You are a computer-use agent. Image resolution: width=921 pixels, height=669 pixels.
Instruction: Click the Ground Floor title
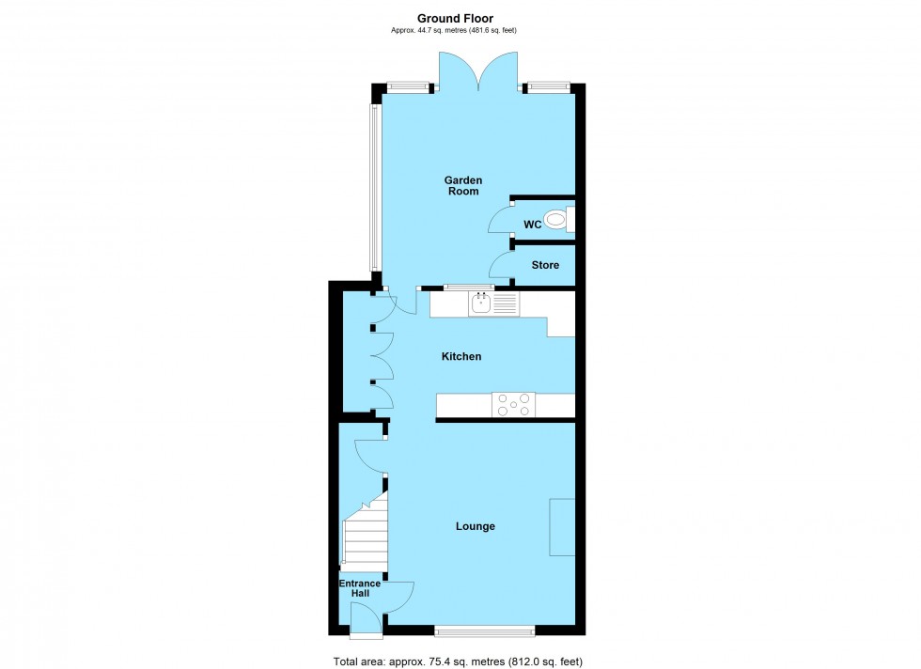tap(456, 18)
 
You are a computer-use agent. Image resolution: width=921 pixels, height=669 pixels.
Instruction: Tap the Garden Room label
tap(462, 185)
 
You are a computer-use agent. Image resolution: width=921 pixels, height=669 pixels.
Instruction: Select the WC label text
tap(531, 224)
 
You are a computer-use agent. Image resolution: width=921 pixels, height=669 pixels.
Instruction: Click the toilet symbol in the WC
tap(558, 220)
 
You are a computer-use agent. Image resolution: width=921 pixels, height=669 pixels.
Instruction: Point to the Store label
tap(545, 265)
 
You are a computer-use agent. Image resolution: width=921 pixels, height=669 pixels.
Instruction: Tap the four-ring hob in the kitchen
tap(513, 404)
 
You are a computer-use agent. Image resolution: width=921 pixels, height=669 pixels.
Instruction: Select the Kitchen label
tap(461, 357)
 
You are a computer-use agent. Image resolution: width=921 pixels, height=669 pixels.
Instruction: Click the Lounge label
tap(476, 526)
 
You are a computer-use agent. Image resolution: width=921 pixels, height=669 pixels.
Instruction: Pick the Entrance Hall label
tap(360, 589)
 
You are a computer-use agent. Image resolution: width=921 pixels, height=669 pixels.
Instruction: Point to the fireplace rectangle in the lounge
tap(562, 527)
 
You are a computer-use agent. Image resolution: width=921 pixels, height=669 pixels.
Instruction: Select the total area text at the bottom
tap(459, 661)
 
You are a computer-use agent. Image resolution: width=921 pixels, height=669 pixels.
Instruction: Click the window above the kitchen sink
tap(467, 286)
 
